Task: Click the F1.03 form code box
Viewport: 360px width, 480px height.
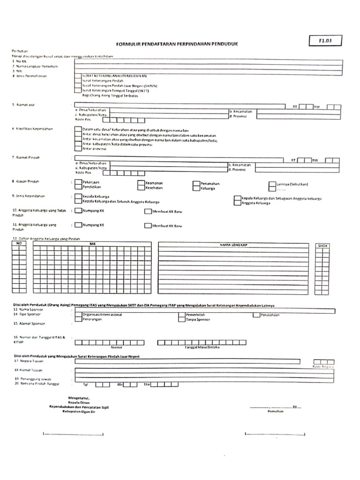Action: click(325, 41)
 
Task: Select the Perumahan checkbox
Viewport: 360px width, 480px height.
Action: click(196, 183)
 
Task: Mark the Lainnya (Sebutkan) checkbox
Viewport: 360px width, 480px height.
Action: click(272, 185)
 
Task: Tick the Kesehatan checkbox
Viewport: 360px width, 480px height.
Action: click(141, 187)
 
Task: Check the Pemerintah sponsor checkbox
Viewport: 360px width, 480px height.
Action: click(181, 315)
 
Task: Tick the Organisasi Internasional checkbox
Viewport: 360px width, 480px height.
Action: click(78, 315)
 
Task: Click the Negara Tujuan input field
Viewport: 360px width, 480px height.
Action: click(187, 361)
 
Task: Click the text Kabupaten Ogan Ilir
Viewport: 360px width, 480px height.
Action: click(79, 411)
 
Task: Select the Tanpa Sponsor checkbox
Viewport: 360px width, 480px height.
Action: click(181, 320)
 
